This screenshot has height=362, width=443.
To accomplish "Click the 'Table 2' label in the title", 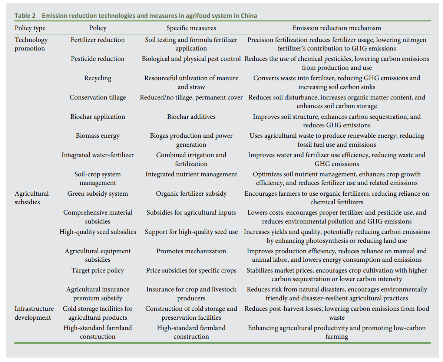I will pyautogui.click(x=26, y=16).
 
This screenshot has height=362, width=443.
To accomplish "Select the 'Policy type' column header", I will pyautogui.click(x=30, y=28).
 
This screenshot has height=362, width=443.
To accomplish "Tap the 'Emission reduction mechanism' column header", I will pyautogui.click(x=337, y=28).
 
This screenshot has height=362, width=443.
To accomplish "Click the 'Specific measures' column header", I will pyautogui.click(x=191, y=28).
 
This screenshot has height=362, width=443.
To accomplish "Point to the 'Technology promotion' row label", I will pyautogui.click(x=31, y=44).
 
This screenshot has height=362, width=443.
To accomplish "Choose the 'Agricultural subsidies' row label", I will pyautogui.click(x=32, y=198).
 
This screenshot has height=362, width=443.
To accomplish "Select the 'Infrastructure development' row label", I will pyautogui.click(x=34, y=313).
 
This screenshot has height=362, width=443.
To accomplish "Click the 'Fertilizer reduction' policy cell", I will pyautogui.click(x=97, y=40).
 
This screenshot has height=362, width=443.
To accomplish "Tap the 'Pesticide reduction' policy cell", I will pyautogui.click(x=97, y=59).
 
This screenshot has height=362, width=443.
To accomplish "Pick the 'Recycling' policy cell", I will pyautogui.click(x=97, y=78).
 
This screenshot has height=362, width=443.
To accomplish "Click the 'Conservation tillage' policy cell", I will pyautogui.click(x=97, y=97).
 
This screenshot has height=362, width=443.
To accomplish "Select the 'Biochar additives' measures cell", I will pyautogui.click(x=191, y=117).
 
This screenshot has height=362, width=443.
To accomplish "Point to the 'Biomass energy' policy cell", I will pyautogui.click(x=97, y=136).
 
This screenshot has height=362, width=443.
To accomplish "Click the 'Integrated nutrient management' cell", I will pyautogui.click(x=191, y=174).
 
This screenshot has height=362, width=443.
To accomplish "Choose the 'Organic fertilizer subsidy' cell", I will pyautogui.click(x=191, y=193).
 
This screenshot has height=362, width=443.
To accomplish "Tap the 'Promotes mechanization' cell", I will pyautogui.click(x=191, y=251).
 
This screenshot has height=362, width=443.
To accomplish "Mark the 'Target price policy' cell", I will pyautogui.click(x=97, y=270).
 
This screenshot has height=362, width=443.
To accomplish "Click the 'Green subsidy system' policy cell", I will pyautogui.click(x=97, y=193).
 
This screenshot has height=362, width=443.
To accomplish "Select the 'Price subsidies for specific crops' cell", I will pyautogui.click(x=191, y=270).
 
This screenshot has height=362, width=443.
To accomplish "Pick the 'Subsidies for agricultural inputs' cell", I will pyautogui.click(x=191, y=212).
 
